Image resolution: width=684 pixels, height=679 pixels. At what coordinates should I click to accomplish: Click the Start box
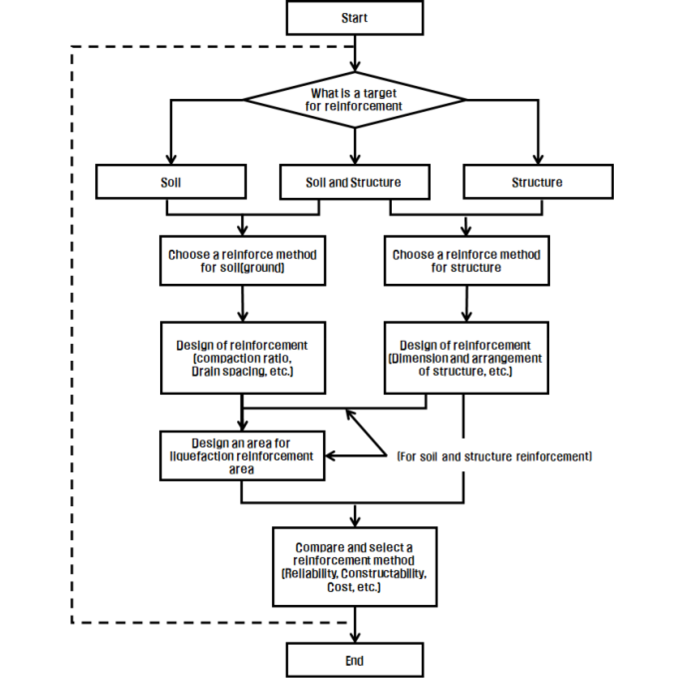[x=354, y=18]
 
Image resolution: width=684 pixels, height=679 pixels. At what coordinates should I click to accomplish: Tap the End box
[x=354, y=660]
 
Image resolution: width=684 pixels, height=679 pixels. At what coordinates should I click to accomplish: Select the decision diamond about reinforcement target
[x=354, y=100]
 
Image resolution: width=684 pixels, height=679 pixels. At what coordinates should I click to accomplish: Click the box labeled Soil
[x=171, y=182]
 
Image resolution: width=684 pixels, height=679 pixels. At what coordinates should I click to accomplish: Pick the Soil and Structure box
[x=354, y=182]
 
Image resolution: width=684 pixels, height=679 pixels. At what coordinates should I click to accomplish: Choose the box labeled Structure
[x=538, y=182]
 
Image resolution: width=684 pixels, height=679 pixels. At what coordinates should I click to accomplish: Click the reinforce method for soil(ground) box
[x=243, y=261]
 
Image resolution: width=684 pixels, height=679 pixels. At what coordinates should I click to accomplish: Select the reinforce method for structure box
[x=466, y=261]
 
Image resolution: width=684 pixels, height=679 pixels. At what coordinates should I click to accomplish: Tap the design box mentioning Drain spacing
[x=243, y=358]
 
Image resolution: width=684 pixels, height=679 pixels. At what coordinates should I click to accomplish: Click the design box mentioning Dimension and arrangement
[x=466, y=358]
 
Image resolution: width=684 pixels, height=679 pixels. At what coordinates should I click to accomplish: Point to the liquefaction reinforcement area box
[x=242, y=456]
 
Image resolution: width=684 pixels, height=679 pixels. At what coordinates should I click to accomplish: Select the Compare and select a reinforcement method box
[x=354, y=567]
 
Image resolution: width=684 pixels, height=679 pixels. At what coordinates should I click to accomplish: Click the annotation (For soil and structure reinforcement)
[x=494, y=456]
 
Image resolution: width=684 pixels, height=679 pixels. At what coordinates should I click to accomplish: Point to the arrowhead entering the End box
[x=355, y=637]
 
